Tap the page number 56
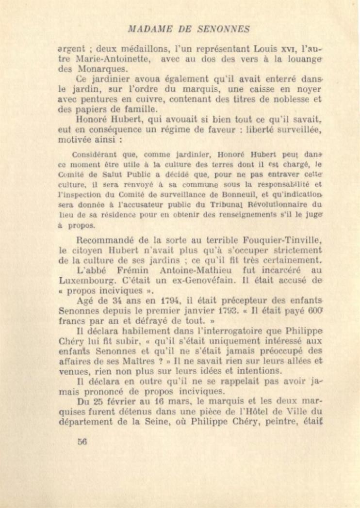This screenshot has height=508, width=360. (82, 441)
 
